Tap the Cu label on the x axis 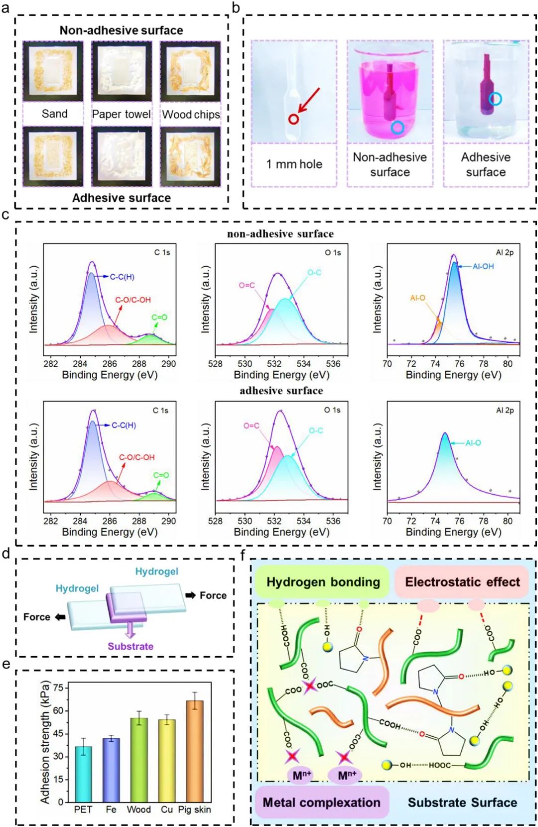coord(166,810)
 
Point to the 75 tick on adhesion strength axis coord(58,688)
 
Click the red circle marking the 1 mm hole coord(294,119)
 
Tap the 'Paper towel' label coord(121,114)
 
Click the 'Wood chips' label coord(191,115)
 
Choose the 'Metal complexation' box coord(321,803)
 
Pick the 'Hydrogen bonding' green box coord(323,582)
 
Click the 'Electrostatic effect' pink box coord(462,582)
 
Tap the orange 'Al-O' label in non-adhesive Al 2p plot coord(417,298)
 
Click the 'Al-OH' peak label coord(483,267)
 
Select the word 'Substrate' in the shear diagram coord(131,646)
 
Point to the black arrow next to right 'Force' coord(190,595)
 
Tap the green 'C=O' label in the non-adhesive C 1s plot coord(159,317)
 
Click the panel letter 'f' coord(243,554)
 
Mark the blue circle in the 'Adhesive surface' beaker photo coord(495,99)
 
